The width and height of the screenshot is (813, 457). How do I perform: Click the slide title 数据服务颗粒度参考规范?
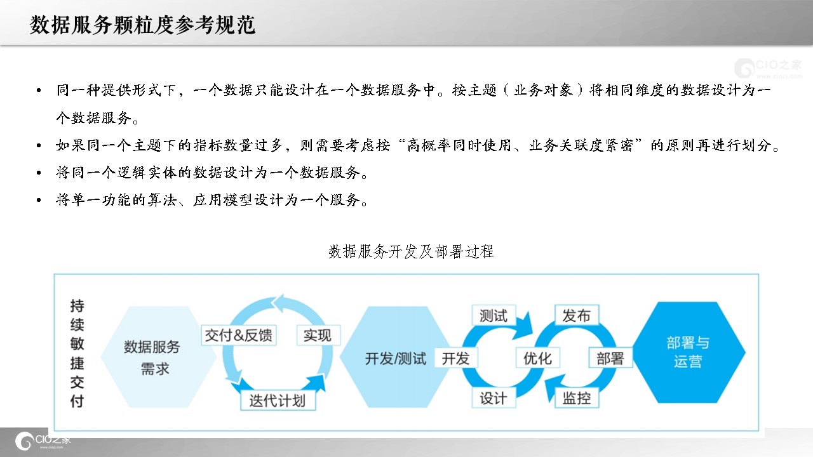click(x=143, y=25)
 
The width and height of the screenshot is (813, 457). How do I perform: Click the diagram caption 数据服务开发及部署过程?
click(x=411, y=251)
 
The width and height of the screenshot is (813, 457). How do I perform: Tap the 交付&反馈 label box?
click(x=239, y=335)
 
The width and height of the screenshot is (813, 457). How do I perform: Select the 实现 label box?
click(x=318, y=335)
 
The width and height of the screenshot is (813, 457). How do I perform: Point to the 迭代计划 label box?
click(x=278, y=401)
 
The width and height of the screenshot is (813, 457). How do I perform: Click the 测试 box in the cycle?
click(x=494, y=315)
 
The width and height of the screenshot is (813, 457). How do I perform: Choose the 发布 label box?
click(x=577, y=315)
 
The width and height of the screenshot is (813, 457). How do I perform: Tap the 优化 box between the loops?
click(x=537, y=358)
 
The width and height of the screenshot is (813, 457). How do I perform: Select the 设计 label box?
click(x=494, y=398)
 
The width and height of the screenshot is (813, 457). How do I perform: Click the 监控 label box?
click(x=577, y=398)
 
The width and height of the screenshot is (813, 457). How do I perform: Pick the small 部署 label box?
click(x=610, y=358)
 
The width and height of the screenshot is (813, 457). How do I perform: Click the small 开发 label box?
click(x=456, y=358)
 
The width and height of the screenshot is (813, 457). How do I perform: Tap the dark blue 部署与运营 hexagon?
click(x=688, y=352)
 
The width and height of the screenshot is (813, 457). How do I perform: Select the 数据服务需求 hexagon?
click(x=152, y=357)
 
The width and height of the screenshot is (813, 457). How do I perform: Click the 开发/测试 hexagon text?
click(x=396, y=359)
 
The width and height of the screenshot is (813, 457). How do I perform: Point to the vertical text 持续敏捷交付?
click(x=77, y=353)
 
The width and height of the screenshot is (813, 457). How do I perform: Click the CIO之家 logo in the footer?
click(x=43, y=441)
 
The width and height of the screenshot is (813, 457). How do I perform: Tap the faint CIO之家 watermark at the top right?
click(x=768, y=68)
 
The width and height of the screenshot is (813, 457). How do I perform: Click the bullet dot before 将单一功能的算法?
click(x=39, y=200)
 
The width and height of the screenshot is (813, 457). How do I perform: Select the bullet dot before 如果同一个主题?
click(x=39, y=145)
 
